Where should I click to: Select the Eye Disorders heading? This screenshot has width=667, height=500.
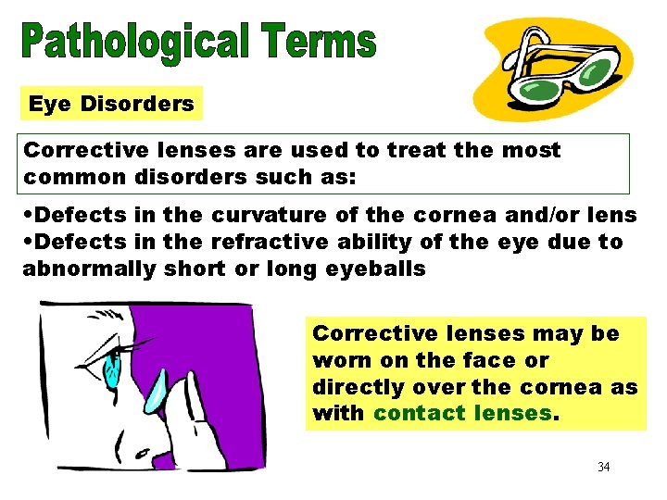(x=111, y=104)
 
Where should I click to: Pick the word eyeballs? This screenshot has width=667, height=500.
(x=379, y=269)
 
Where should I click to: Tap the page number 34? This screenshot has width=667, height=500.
(x=604, y=467)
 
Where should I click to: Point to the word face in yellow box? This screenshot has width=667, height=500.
(x=486, y=360)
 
